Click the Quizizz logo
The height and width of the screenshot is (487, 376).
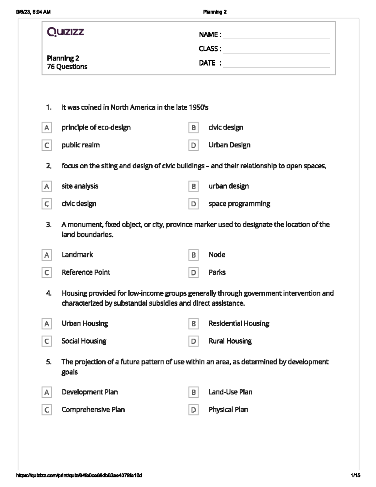pos(65,32)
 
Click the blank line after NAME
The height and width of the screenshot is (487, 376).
pos(276,35)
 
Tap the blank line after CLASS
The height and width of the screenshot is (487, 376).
pos(276,49)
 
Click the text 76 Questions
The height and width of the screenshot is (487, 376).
pos(67,66)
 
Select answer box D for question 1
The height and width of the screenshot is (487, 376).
pos(193,145)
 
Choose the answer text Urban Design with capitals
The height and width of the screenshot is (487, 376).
pos(229,145)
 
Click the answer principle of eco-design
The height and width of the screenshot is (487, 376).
pos(96,127)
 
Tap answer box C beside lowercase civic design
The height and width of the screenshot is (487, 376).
pos(47,204)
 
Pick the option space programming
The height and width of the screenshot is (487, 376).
pos(239,204)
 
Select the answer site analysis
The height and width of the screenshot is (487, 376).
pos(80,186)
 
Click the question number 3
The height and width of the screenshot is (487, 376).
pos(49,225)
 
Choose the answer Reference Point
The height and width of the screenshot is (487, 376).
pos(86,272)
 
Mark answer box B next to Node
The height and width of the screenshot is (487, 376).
pos(193,255)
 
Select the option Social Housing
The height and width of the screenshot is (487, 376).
pos(84,341)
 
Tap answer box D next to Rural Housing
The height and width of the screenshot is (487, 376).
pos(193,341)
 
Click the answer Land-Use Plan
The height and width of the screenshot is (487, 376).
pos(230,392)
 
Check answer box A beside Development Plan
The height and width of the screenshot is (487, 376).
pos(47,392)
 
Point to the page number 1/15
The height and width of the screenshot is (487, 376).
pos(355,475)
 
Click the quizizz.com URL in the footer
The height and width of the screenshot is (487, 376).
pos(79,475)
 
